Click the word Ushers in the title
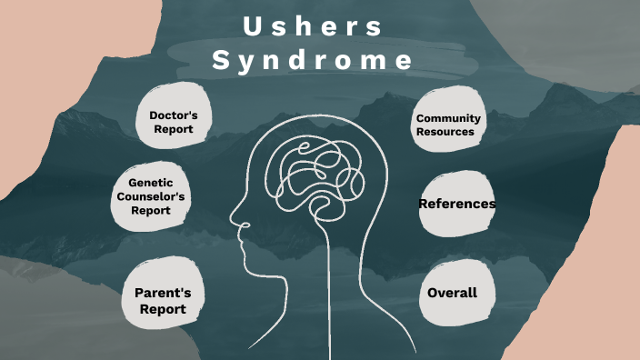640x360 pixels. (313, 26)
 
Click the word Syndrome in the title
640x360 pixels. (313, 60)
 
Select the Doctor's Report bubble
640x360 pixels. (179, 122)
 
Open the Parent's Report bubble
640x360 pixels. (163, 301)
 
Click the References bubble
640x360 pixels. (456, 204)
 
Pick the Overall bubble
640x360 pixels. (452, 293)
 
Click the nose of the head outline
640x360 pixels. (234, 219)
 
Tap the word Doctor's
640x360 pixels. (180, 115)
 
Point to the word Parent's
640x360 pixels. (163, 293)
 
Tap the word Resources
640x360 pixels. (445, 131)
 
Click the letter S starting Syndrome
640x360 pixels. (221, 60)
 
